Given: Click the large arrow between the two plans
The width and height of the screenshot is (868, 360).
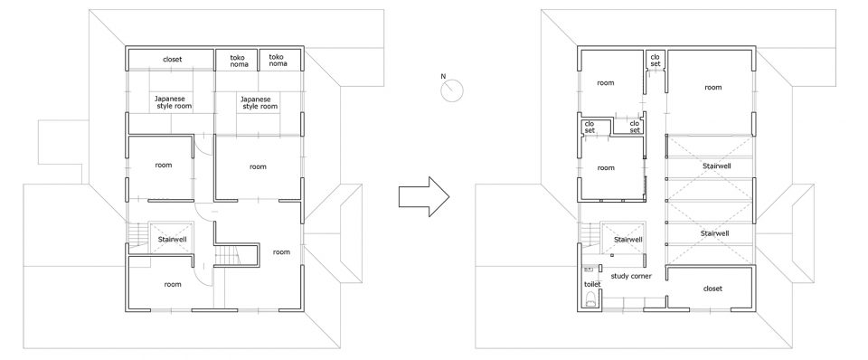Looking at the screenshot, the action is (x=424, y=196).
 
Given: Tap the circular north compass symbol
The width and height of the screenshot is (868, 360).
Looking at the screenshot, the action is (x=452, y=90).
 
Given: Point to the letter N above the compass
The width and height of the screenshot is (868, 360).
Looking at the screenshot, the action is (x=443, y=76).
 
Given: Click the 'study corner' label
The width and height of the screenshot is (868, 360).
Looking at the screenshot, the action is (x=630, y=276).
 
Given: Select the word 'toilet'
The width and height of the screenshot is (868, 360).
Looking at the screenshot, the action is (x=592, y=284).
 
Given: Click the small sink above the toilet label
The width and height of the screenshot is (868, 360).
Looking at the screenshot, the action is (x=589, y=270).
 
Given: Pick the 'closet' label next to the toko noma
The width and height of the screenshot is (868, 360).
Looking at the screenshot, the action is (x=172, y=60).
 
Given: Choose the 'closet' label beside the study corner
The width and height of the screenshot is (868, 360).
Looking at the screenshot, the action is (x=712, y=289).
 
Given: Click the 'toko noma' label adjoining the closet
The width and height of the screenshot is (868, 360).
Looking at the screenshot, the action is (x=239, y=61).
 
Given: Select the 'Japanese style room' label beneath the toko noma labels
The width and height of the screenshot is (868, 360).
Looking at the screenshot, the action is (x=258, y=102).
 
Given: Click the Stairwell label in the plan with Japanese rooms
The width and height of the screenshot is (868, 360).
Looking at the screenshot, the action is (x=171, y=240).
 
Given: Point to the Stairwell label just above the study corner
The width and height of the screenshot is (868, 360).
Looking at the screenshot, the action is (x=628, y=240).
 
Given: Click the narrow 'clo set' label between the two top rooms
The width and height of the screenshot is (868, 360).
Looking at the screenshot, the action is (x=655, y=61).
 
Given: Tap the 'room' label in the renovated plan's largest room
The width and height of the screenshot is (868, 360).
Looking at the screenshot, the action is (x=713, y=87).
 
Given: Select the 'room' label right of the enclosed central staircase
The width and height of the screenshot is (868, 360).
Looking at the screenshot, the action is (x=281, y=252).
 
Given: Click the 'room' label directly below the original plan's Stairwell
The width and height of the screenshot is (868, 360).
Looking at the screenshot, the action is (x=172, y=284).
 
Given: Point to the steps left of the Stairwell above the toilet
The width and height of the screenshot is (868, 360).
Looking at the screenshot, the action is (x=590, y=233).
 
